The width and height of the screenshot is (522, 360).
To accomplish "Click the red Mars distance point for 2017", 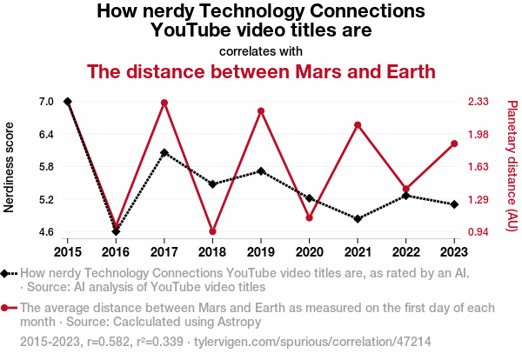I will (164, 103).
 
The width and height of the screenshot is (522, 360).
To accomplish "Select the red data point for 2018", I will (212, 231).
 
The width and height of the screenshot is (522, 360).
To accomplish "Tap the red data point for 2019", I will (261, 110).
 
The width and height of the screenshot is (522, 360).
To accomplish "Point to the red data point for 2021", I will (358, 125).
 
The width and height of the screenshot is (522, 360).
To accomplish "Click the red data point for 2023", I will (454, 143).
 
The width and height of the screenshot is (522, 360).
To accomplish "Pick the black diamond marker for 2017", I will (164, 152).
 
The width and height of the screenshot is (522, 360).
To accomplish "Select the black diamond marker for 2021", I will (358, 218).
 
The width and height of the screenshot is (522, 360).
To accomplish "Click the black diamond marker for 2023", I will (454, 204).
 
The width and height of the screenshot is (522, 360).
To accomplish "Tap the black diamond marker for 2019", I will (261, 171).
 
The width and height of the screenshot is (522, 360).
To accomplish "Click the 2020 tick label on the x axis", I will (309, 251).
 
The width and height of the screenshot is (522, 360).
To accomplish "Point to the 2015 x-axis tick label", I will (68, 251).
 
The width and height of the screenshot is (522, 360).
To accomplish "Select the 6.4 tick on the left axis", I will (46, 135).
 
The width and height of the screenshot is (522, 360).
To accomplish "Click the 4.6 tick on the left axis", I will (46, 232).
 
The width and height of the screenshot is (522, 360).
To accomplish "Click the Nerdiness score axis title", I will (10, 167).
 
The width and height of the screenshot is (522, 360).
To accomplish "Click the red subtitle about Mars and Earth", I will (261, 71).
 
